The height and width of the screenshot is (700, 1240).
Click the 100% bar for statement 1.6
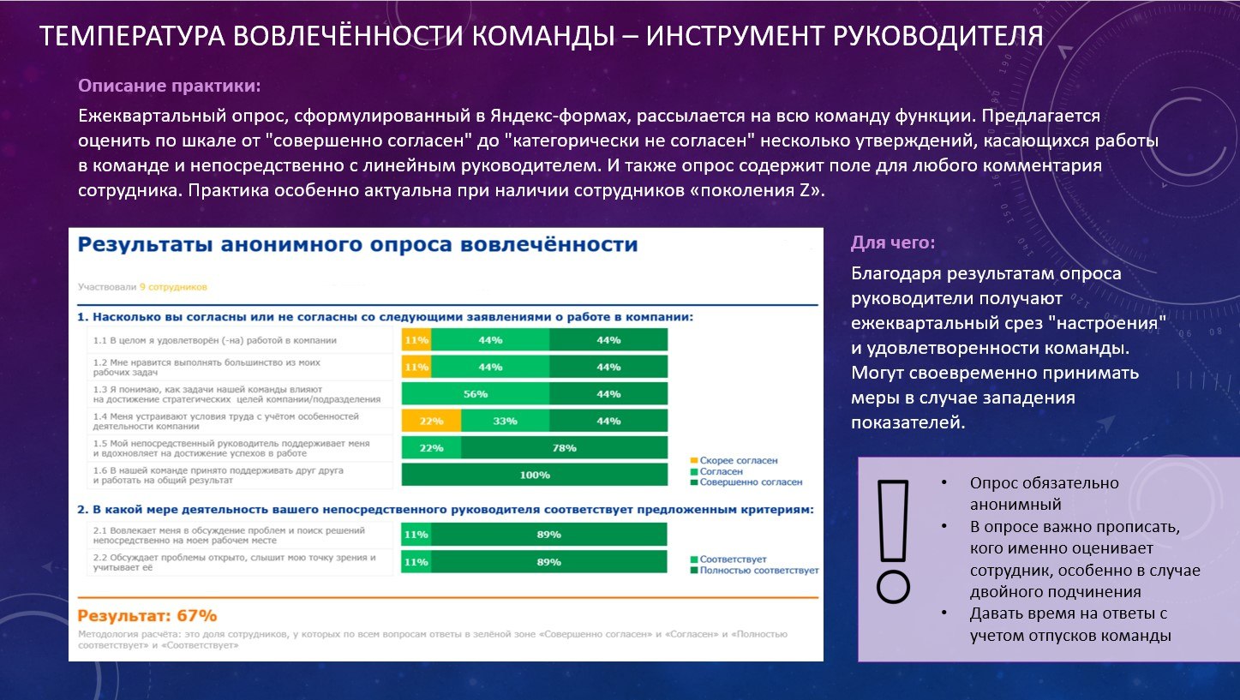click(x=534, y=475)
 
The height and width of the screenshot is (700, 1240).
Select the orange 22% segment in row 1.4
click(x=431, y=421)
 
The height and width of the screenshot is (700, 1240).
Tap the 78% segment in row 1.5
click(x=564, y=448)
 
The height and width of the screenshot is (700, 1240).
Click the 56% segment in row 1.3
click(x=475, y=394)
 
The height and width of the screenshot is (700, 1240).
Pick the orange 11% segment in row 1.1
click(x=416, y=340)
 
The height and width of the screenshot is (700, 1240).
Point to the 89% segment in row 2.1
click(x=548, y=535)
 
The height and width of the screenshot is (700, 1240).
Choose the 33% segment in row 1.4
click(x=505, y=421)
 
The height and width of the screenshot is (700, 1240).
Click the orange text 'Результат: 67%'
click(x=147, y=616)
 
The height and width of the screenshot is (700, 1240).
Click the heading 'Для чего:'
click(x=893, y=243)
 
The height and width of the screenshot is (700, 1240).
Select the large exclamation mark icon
click(x=893, y=541)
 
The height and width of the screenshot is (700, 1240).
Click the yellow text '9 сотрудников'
click(x=173, y=287)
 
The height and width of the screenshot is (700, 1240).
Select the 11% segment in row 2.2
click(x=416, y=562)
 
